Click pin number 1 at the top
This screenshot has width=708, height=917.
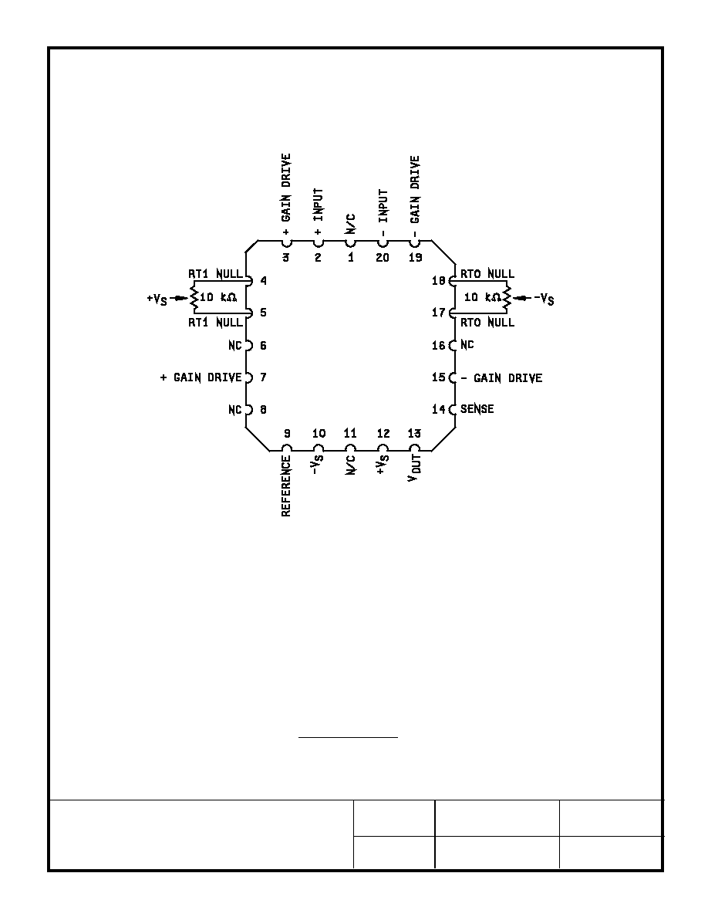tap(351, 257)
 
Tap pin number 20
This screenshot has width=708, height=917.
tap(382, 257)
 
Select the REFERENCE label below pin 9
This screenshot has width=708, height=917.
tap(286, 486)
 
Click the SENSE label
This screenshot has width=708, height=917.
tap(477, 409)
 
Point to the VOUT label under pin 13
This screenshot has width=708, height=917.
tap(414, 468)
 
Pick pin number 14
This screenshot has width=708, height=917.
tap(439, 409)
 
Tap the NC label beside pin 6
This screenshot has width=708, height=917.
tap(234, 346)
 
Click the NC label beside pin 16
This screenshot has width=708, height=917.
tap(467, 345)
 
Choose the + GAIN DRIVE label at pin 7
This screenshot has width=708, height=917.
tap(201, 377)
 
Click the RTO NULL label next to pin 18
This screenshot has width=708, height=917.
tap(487, 274)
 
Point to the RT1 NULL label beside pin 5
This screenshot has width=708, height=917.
tap(215, 322)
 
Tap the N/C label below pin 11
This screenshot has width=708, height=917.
tap(350, 465)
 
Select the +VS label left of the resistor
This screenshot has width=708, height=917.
tap(157, 299)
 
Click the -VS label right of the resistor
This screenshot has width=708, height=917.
tap(544, 299)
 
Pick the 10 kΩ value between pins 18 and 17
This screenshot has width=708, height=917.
tap(479, 297)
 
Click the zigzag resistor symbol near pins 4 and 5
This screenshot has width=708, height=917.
tap(194, 298)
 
